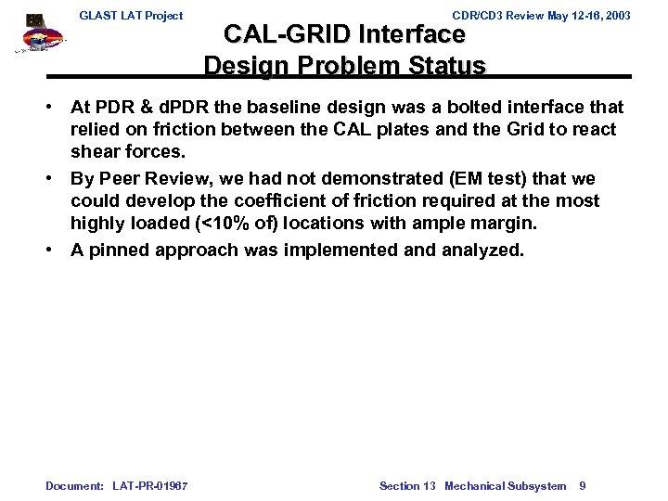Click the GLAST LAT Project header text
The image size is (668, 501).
[131, 16]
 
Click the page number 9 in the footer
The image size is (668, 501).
[582, 486]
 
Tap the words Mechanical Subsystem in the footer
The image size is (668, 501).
[506, 486]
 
